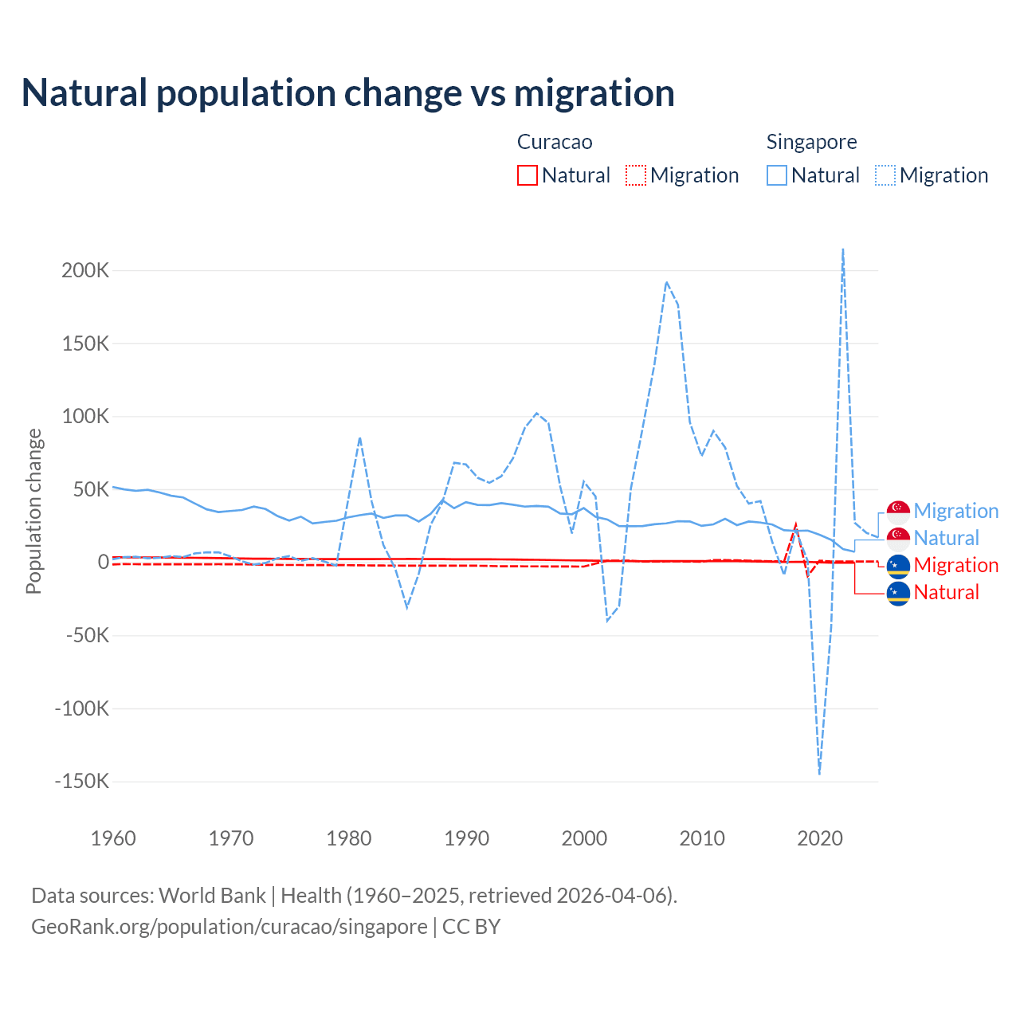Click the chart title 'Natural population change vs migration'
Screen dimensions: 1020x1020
[348, 93]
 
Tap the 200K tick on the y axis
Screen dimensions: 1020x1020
[85, 270]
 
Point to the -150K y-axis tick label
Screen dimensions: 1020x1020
[81, 781]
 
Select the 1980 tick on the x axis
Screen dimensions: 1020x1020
[349, 838]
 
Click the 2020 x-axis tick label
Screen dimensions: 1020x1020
[820, 838]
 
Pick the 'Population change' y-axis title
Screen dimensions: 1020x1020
[33, 511]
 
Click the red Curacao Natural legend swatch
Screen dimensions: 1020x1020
[528, 175]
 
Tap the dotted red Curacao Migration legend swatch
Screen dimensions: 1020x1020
[636, 175]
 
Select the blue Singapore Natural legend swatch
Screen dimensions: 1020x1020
[777, 175]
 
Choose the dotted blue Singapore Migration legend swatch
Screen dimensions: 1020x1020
[885, 175]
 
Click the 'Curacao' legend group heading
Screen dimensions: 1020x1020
[555, 142]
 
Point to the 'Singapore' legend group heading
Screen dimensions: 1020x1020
[811, 142]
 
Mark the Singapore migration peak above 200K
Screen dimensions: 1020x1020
[843, 249]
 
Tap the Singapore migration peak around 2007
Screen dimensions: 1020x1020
[666, 282]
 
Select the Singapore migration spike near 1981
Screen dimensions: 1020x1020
[360, 437]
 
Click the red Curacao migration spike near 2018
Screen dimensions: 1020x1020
[795, 525]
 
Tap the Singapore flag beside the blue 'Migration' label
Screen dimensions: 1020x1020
[898, 512]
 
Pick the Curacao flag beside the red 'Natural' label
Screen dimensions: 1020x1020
[898, 593]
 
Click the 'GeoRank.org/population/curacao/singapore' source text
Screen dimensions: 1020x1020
[229, 927]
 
